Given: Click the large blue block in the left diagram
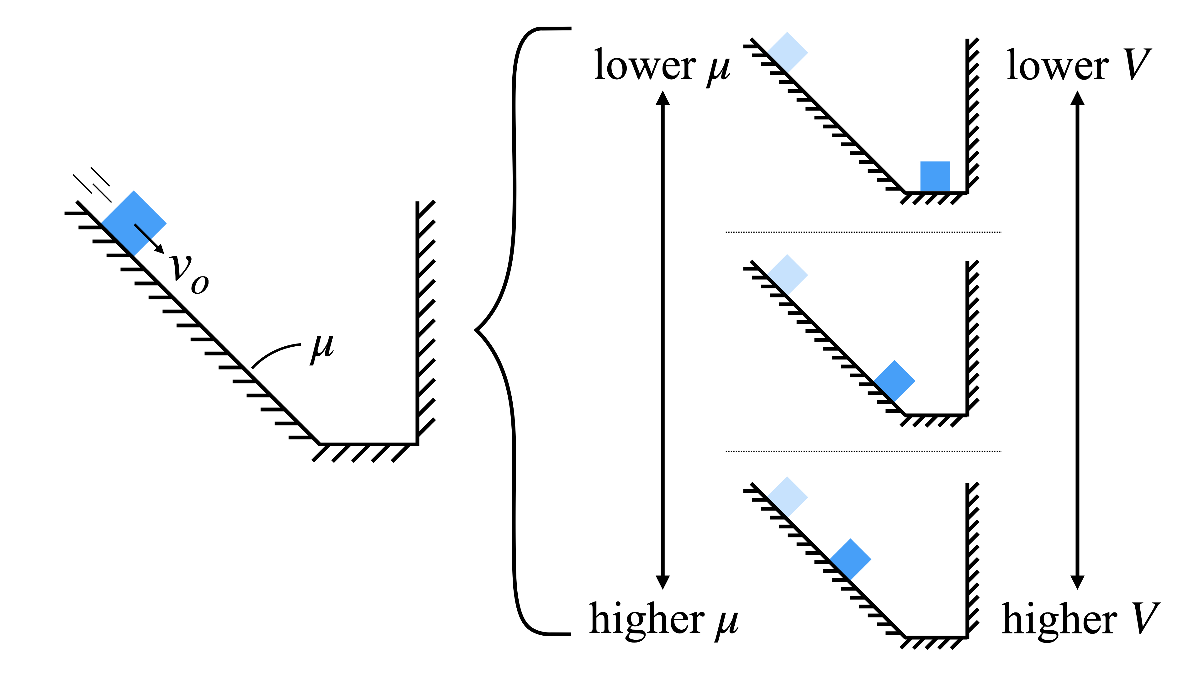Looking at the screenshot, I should [x=134, y=223].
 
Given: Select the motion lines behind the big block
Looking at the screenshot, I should [x=92, y=184].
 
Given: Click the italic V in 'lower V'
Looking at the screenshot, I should [x=1137, y=66].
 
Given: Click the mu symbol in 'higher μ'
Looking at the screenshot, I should [x=726, y=622].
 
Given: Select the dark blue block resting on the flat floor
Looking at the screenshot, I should [x=935, y=176].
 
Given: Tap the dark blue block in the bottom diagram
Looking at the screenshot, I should [x=851, y=559].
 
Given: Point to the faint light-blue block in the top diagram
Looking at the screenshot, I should [x=788, y=52].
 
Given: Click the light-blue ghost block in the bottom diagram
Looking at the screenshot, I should [x=788, y=497].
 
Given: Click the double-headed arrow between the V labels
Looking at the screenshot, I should [x=1077, y=340].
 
